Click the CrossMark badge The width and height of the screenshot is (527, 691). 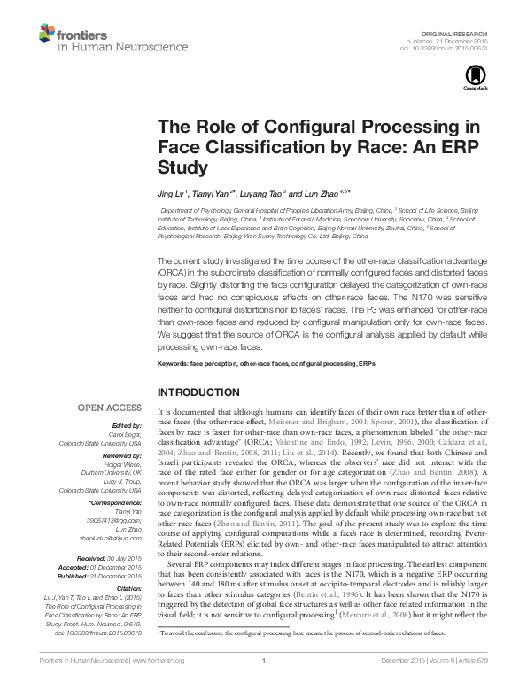470,80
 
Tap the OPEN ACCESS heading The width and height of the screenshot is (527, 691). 111,408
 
